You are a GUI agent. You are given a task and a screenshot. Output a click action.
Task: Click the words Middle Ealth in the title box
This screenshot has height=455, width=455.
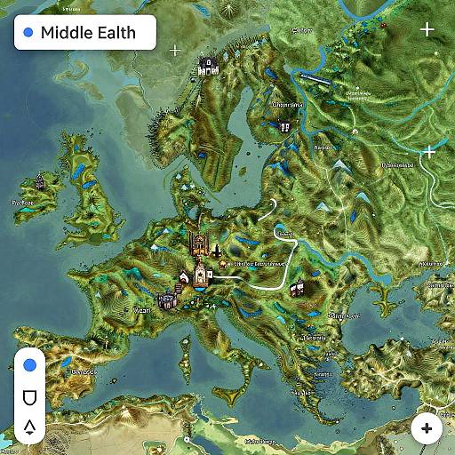point(88,33)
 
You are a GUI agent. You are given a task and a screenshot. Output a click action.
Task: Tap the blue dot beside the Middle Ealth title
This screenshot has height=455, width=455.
point(28,33)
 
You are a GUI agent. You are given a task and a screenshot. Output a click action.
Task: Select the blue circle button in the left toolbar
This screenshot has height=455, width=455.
point(29,364)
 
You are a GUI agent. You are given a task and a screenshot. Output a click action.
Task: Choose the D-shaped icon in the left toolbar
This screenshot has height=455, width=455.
point(29,395)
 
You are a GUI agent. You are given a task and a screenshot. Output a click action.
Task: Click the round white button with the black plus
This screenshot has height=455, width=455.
point(427,428)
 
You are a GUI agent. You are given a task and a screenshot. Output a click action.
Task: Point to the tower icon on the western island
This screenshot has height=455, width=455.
point(41,183)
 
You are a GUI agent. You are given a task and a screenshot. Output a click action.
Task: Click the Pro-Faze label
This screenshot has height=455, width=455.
point(22,202)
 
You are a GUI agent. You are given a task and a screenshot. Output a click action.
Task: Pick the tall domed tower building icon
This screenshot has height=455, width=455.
point(201,274)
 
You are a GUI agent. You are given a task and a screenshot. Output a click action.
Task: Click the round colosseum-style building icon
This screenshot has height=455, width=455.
point(166,300)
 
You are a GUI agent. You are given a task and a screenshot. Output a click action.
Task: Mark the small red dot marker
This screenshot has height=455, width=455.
point(229,263)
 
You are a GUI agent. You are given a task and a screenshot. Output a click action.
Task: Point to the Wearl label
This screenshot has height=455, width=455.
point(140,311)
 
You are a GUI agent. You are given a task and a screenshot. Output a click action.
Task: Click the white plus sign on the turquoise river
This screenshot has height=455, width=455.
point(430,152)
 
